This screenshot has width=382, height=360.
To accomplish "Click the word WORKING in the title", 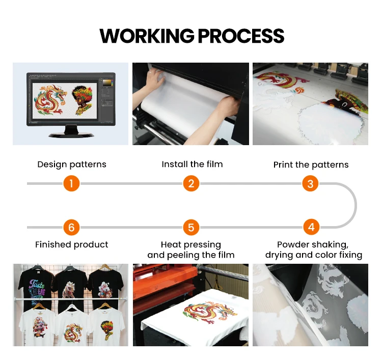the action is point(147,36).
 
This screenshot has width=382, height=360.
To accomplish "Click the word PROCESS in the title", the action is point(241,36).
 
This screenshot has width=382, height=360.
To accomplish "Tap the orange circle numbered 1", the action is point(71,183).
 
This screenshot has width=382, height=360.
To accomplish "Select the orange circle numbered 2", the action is point(191,183).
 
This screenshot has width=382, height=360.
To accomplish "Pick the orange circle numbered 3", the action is point(310,183).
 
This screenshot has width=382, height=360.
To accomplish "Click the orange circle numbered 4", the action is point(311,227).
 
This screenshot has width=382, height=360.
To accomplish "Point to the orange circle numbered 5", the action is point(191,228).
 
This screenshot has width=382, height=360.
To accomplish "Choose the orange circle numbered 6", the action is point(71,228).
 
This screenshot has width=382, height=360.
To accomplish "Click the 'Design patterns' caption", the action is point(72,164).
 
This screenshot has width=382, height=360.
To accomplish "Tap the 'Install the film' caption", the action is point(192,164).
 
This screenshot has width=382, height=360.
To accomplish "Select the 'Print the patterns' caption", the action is point(311,165).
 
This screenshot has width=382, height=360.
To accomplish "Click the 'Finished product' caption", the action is point(72,244).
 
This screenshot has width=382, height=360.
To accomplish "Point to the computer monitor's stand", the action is point(71,131).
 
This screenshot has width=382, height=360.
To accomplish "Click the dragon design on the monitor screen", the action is point(50,100).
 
